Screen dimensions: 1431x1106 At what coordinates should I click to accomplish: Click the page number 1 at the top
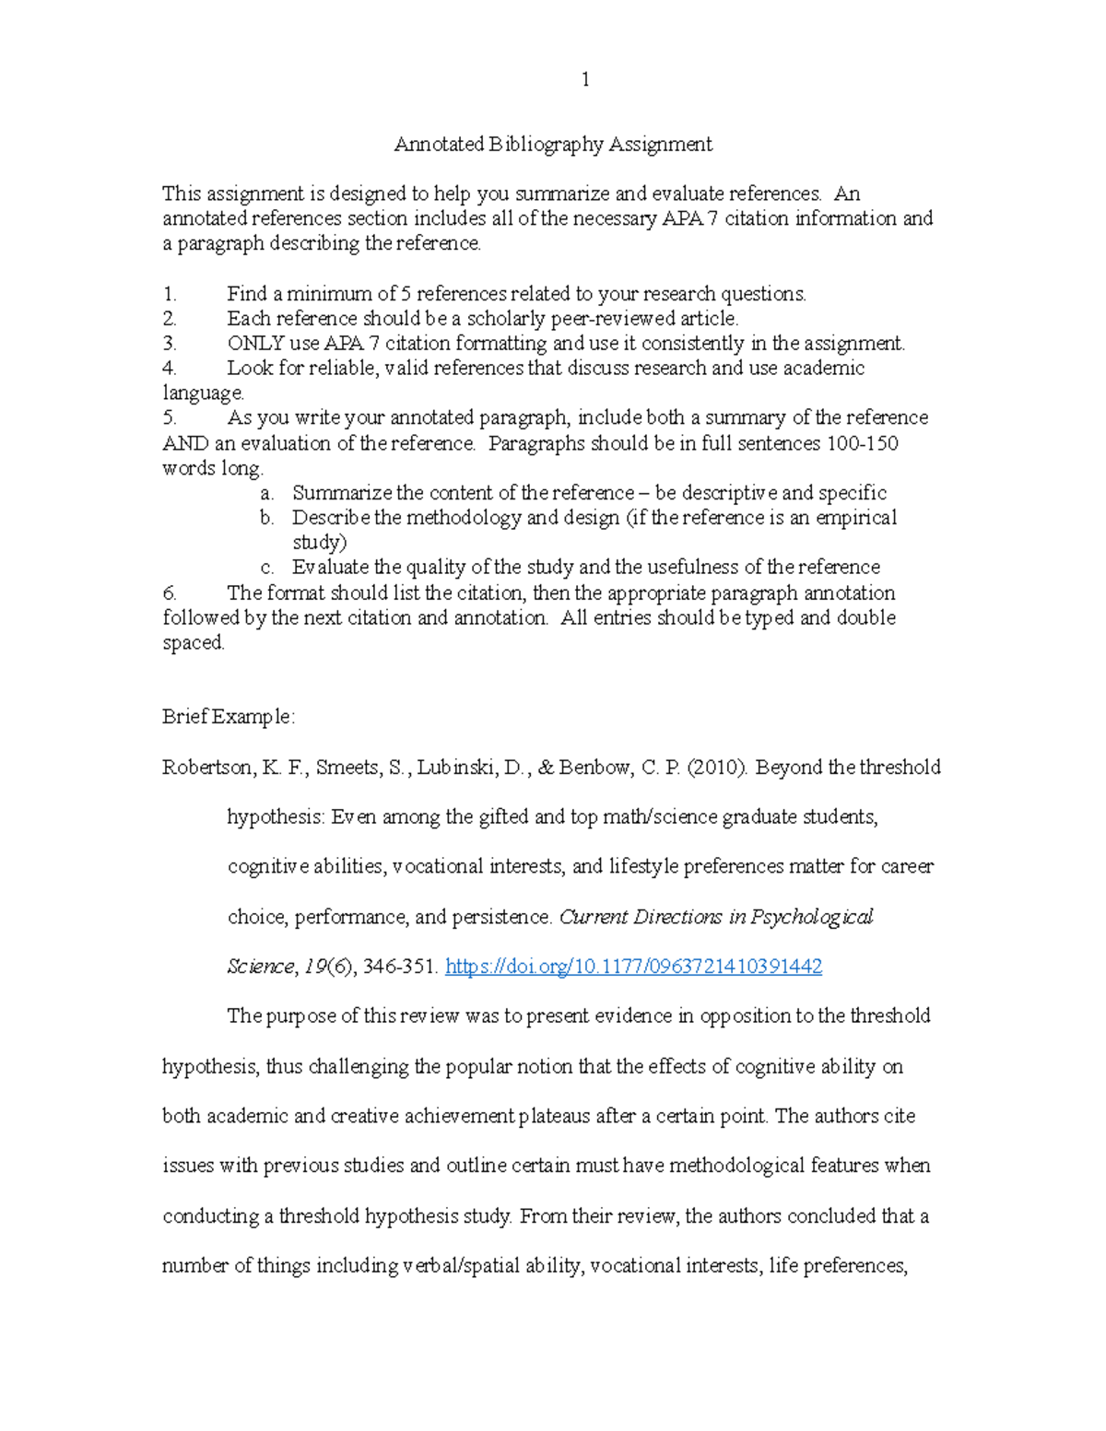[585, 80]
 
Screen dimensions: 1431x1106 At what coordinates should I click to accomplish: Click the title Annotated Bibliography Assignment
[553, 144]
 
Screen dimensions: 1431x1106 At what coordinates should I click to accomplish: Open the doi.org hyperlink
[633, 966]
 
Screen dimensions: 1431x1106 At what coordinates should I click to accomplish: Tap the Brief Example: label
[229, 717]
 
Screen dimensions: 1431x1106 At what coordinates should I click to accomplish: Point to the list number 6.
[169, 592]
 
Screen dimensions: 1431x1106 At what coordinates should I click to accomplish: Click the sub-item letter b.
[266, 518]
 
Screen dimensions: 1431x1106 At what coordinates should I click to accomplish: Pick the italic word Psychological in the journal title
[811, 917]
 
